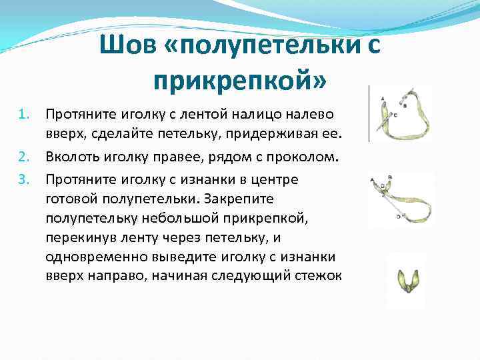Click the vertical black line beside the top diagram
click(x=370, y=113)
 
